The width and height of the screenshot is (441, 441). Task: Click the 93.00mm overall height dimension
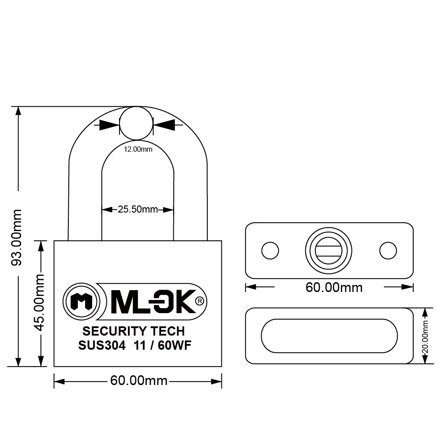[16, 237]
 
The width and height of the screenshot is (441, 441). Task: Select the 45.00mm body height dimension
[39, 303]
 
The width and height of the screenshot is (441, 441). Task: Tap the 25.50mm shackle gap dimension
[138, 209]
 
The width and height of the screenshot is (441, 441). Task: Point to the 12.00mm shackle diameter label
[138, 149]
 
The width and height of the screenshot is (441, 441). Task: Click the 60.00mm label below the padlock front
[138, 381]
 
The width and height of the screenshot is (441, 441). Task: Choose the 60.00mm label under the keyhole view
[334, 288]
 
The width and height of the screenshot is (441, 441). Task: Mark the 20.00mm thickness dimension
[425, 336]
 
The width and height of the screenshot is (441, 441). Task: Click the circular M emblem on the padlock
[81, 302]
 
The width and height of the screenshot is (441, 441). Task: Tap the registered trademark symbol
[199, 301]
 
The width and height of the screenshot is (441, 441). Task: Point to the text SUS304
[102, 345]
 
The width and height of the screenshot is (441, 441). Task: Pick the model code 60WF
[174, 345]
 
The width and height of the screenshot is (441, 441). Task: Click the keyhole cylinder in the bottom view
[329, 250]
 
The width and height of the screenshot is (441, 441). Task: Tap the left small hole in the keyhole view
[270, 250]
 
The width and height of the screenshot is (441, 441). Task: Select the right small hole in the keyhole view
[388, 250]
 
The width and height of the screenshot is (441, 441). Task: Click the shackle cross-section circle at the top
[136, 123]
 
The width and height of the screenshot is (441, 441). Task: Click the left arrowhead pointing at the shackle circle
[109, 125]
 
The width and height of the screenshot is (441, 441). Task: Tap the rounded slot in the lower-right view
[329, 336]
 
